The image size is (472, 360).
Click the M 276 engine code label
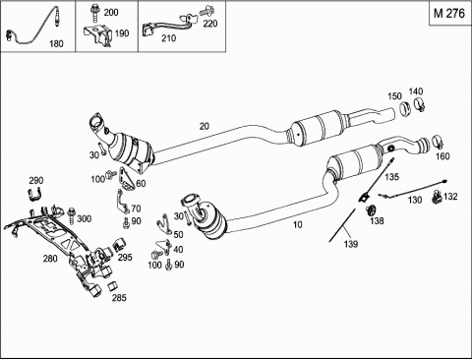click(x=449, y=14)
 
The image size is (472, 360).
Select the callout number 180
click(x=56, y=43)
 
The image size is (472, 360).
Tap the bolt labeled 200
click(x=94, y=13)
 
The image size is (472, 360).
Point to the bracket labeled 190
click(x=97, y=36)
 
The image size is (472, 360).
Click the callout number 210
click(x=168, y=38)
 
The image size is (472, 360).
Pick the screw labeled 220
click(x=206, y=11)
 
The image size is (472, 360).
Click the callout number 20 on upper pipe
click(x=205, y=126)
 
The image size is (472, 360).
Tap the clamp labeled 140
click(x=419, y=104)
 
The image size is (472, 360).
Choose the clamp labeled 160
click(x=438, y=142)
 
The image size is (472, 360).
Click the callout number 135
click(x=392, y=177)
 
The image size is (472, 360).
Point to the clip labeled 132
click(x=436, y=197)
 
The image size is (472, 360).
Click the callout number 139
click(x=351, y=244)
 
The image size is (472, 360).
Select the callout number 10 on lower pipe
click(x=297, y=224)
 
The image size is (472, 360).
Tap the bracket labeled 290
click(x=34, y=195)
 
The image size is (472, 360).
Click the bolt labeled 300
click(x=72, y=216)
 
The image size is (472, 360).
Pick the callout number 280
click(x=50, y=259)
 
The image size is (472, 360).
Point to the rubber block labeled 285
click(x=112, y=286)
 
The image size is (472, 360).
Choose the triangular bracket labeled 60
click(x=127, y=179)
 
